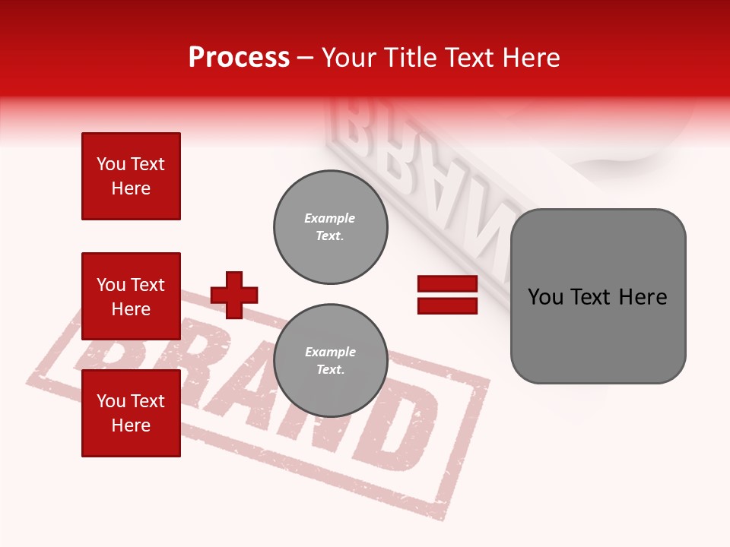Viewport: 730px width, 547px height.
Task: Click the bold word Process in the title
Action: pyautogui.click(x=239, y=58)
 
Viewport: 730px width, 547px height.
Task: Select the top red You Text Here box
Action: pyautogui.click(x=131, y=176)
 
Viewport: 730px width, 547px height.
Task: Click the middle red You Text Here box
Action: pyautogui.click(x=131, y=296)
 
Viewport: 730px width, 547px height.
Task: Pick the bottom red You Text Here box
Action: pyautogui.click(x=131, y=413)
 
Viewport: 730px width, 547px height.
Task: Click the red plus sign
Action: pyautogui.click(x=234, y=295)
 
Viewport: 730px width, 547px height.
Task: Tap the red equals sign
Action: pyautogui.click(x=447, y=295)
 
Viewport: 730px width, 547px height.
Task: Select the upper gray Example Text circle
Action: pyautogui.click(x=330, y=227)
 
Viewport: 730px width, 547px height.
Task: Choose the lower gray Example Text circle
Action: pyautogui.click(x=330, y=361)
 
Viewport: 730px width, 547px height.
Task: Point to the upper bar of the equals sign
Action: pyautogui.click(x=447, y=284)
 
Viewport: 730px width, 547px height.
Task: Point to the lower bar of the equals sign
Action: pyautogui.click(x=447, y=305)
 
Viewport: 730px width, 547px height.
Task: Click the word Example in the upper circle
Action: pyautogui.click(x=330, y=218)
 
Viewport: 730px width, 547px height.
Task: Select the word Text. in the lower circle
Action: pyautogui.click(x=330, y=370)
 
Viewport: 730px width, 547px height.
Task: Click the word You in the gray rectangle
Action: pyautogui.click(x=545, y=297)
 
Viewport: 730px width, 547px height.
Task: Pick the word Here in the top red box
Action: pyautogui.click(x=131, y=188)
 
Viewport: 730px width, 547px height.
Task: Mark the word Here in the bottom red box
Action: pyautogui.click(x=131, y=425)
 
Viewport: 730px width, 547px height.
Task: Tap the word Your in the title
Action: pyautogui.click(x=348, y=58)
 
